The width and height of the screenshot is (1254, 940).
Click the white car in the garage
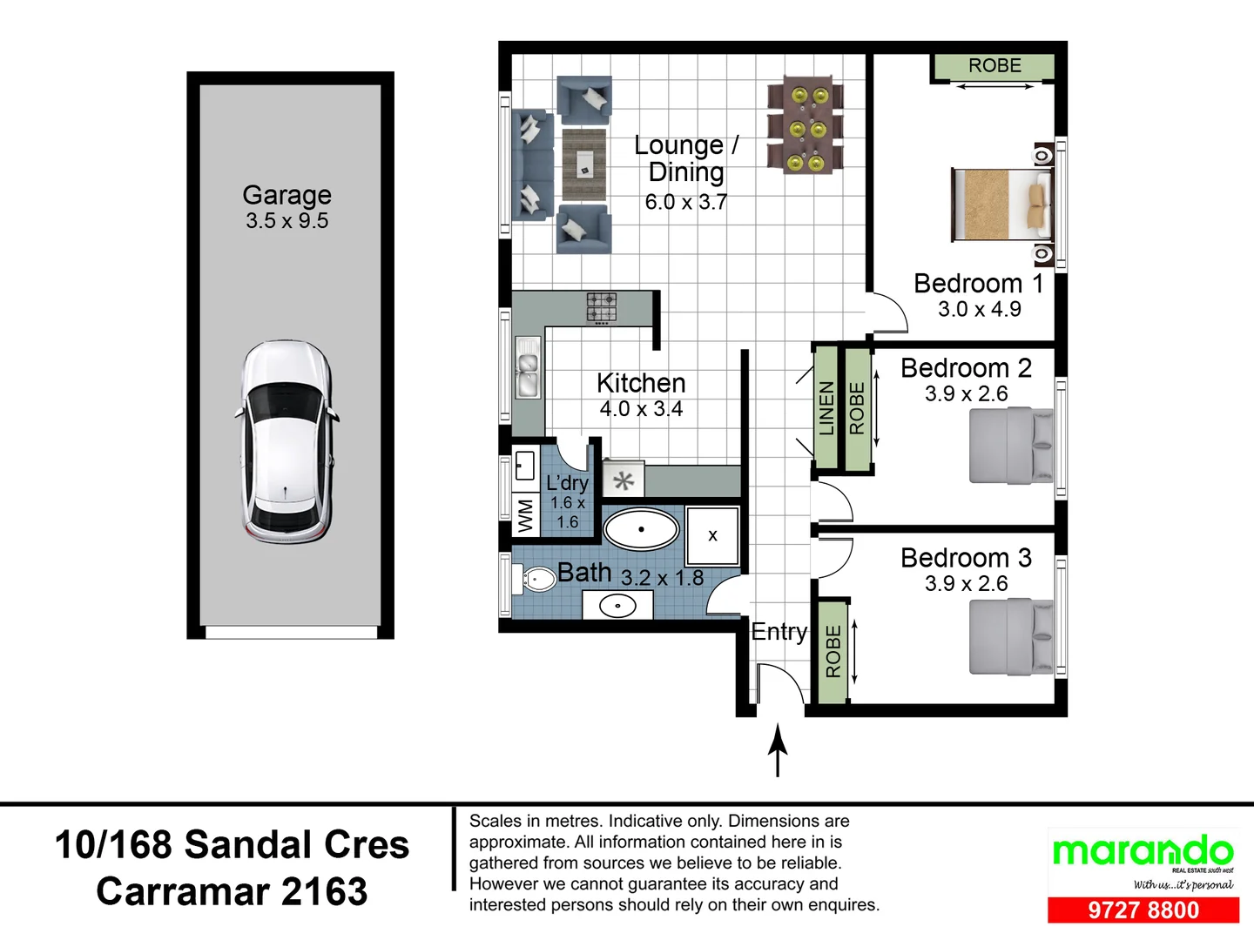tap(287, 442)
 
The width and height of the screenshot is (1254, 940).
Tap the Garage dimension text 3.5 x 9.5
tap(287, 221)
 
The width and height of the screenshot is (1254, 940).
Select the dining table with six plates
tap(806, 124)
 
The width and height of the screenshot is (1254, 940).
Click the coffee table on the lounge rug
tap(583, 164)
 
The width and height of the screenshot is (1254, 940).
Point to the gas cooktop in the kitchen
tap(602, 308)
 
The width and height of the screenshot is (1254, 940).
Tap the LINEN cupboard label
tap(826, 408)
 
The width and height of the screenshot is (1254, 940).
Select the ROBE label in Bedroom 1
tap(994, 65)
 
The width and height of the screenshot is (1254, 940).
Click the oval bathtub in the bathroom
tap(641, 529)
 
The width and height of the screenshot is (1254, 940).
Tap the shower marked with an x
tap(712, 535)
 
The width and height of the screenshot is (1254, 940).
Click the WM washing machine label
tap(526, 516)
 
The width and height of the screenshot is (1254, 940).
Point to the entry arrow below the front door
tap(778, 750)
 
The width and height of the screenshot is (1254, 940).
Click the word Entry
tap(779, 632)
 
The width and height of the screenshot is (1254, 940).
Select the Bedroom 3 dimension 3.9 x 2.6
tap(966, 584)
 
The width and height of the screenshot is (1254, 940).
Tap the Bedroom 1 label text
tap(978, 284)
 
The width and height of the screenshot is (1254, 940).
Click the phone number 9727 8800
tap(1143, 910)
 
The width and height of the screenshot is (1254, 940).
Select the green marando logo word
tap(1143, 851)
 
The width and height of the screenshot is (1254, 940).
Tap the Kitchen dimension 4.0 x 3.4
tap(641, 409)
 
